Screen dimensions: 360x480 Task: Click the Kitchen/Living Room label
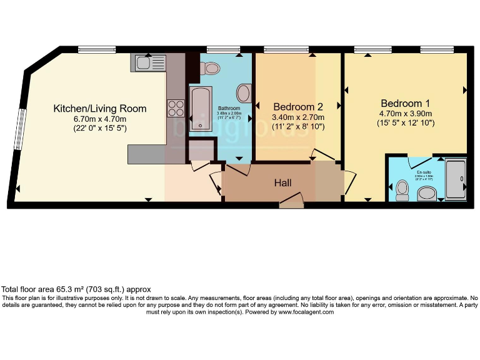point(100,108)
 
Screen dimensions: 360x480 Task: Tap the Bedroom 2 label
point(298,106)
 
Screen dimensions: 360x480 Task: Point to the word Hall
point(283,182)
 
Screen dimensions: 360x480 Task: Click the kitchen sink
point(149,62)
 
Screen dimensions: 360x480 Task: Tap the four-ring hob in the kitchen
point(175,109)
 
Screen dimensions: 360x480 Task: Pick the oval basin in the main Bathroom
point(244,94)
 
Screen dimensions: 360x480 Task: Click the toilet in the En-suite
point(402,189)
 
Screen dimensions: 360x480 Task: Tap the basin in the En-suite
point(428,193)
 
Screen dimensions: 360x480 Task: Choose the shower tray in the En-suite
point(456,179)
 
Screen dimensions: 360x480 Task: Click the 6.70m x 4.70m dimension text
point(100,119)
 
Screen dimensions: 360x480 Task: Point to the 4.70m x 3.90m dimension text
point(406,114)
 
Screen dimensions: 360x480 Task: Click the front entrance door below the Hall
point(291,201)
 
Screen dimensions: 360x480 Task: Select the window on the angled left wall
point(21,129)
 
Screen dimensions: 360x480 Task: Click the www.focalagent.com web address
point(306,312)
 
